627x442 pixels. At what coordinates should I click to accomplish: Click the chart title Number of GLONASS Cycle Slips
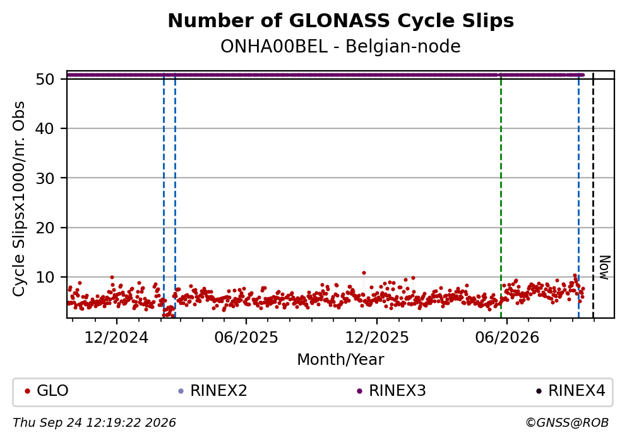pyautogui.click(x=341, y=21)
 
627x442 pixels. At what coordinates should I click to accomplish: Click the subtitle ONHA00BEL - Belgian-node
pyautogui.click(x=341, y=46)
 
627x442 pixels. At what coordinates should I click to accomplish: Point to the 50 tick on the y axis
pyautogui.click(x=45, y=79)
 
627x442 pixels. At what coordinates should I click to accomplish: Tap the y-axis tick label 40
pyautogui.click(x=45, y=128)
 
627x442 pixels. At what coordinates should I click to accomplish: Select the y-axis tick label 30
pyautogui.click(x=45, y=178)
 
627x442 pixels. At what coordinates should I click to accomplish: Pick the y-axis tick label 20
pyautogui.click(x=45, y=228)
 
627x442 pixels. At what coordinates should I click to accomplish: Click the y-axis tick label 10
pyautogui.click(x=45, y=277)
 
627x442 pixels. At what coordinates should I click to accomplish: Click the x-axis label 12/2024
pyautogui.click(x=116, y=338)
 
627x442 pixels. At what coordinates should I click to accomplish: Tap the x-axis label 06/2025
pyautogui.click(x=246, y=338)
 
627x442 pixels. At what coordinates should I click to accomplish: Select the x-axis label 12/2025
pyautogui.click(x=377, y=338)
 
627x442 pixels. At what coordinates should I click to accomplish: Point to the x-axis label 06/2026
pyautogui.click(x=506, y=338)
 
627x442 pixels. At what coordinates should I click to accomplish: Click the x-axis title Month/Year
pyautogui.click(x=341, y=360)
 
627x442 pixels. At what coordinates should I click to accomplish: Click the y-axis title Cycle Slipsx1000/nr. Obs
pyautogui.click(x=19, y=199)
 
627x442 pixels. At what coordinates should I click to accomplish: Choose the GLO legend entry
pyautogui.click(x=47, y=390)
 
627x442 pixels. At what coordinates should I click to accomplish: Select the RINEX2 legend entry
pyautogui.click(x=213, y=390)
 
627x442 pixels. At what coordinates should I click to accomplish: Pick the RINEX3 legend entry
pyautogui.click(x=391, y=390)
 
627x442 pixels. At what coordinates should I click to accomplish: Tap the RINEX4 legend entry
pyautogui.click(x=571, y=390)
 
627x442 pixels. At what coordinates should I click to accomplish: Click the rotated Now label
pyautogui.click(x=605, y=267)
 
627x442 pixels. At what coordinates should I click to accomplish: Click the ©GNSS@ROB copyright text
pyautogui.click(x=567, y=423)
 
